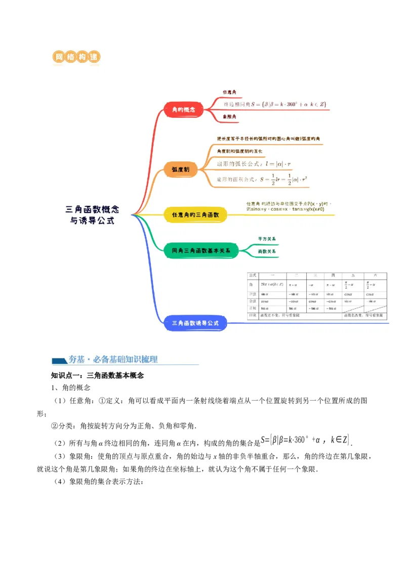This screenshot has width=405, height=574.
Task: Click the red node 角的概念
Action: point(184,110)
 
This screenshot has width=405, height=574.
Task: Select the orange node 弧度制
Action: point(181,170)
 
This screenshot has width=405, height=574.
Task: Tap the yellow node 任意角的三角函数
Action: point(195,215)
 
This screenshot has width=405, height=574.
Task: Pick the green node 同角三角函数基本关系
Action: point(201,250)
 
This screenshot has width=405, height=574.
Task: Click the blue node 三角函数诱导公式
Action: point(195,323)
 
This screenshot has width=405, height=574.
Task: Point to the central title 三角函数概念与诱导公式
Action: point(92,214)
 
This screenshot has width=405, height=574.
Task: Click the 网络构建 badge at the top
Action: point(77,58)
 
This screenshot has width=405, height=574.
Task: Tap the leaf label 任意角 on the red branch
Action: point(229,92)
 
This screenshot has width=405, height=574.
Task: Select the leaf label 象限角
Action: point(230,117)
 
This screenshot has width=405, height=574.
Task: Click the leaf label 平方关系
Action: point(267,238)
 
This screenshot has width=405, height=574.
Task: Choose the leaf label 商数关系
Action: point(267,251)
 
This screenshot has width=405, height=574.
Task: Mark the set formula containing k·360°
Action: point(275,104)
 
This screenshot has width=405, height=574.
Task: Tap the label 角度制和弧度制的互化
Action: point(239,151)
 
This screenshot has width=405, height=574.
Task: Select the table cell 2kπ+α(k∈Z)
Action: point(272,285)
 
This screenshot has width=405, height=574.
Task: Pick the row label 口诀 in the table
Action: point(253,315)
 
